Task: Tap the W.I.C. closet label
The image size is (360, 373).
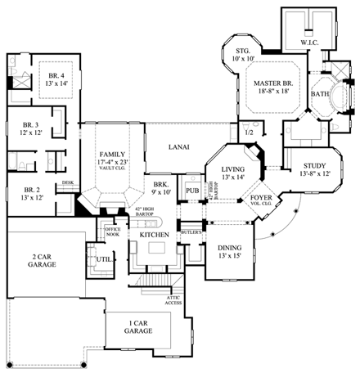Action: [x=309, y=41]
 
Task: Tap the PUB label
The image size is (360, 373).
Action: [x=192, y=190]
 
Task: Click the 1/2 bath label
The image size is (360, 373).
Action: [x=248, y=133]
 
